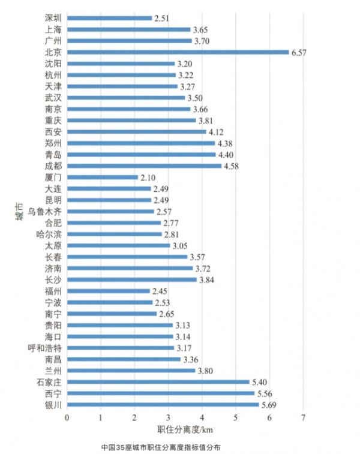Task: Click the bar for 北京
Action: (178, 52)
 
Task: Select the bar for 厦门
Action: (103, 178)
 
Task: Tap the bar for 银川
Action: (163, 405)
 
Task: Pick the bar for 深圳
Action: (109, 18)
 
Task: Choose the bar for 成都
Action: (145, 166)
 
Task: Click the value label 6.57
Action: (299, 52)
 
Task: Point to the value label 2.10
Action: (148, 178)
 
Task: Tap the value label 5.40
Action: (260, 382)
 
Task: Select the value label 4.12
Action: (217, 132)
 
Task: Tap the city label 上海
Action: (53, 29)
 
